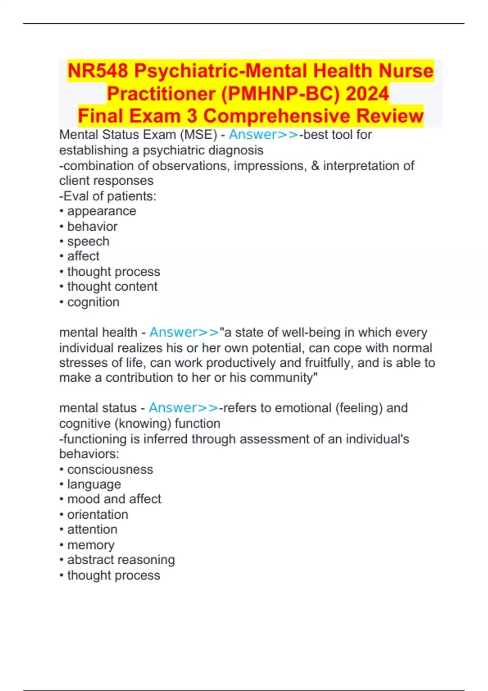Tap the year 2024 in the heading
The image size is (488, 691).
[367, 94]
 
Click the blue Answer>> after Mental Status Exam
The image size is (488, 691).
[264, 135]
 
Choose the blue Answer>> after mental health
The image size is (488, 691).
[184, 332]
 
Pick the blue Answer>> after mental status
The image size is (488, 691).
[183, 408]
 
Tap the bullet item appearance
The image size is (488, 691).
[102, 211]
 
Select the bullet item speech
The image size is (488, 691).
[88, 241]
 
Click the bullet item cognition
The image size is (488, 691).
[93, 302]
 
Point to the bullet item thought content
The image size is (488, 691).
[112, 287]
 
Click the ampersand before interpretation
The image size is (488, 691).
[315, 166]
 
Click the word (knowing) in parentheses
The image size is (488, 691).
[142, 424]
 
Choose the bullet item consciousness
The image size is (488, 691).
[110, 469]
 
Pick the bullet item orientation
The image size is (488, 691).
[98, 515]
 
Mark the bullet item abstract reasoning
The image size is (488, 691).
[121, 560]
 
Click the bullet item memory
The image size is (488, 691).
[91, 545]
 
